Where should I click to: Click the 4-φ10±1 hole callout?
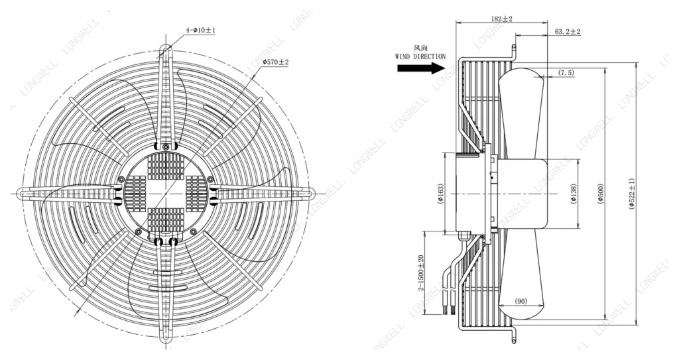pyautogui.click(x=200, y=30)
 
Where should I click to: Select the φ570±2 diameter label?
pyautogui.click(x=275, y=62)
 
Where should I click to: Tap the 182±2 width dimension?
pyautogui.click(x=502, y=19)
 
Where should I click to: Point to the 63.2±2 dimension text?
pyautogui.click(x=568, y=32)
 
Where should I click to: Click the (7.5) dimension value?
pyautogui.click(x=566, y=72)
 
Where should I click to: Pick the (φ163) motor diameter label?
pyautogui.click(x=440, y=193)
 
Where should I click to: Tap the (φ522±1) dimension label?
pyautogui.click(x=631, y=193)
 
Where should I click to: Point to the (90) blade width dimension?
pyautogui.click(x=521, y=301)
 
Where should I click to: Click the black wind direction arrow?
pyautogui.click(x=421, y=68)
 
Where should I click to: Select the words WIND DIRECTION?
pyautogui.click(x=420, y=56)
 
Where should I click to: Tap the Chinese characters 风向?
pyautogui.click(x=420, y=48)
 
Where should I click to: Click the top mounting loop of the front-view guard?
pyautogui.click(x=165, y=51)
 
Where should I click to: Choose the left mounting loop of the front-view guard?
pyautogui.click(x=23, y=193)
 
